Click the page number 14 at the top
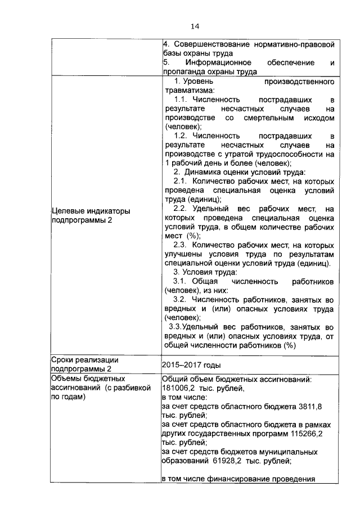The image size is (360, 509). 195,26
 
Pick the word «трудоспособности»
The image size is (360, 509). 287,154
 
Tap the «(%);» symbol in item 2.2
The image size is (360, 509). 193,236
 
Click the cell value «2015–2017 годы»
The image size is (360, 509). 188,364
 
